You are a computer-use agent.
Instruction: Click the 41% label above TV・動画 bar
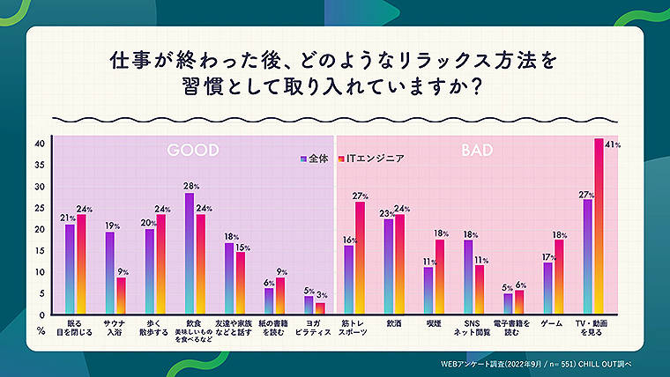609,144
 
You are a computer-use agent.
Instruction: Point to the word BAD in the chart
477,152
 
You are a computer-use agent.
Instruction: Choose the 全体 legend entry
315,159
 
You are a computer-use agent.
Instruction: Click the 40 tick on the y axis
40,144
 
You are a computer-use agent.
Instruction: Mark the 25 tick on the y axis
40,208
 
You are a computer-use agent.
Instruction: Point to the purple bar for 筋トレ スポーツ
349,279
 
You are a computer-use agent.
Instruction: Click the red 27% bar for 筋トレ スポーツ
360,257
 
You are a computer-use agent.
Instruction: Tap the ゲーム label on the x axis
552,323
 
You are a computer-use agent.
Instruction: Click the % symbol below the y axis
41,329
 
